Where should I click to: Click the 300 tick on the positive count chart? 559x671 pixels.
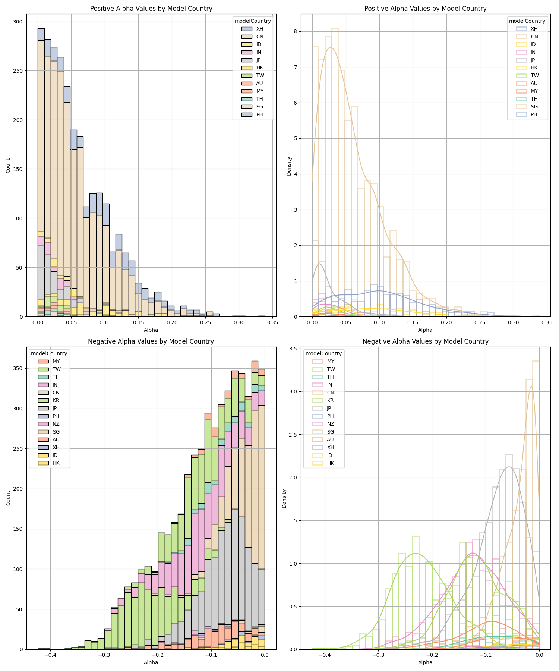click(x=18, y=22)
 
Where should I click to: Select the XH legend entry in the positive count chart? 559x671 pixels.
click(x=260, y=29)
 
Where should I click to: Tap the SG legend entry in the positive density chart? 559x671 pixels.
click(x=534, y=107)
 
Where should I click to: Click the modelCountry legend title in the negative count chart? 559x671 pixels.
click(x=49, y=353)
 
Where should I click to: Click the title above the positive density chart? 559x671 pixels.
click(x=425, y=9)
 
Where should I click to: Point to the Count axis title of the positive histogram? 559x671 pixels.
click(x=8, y=166)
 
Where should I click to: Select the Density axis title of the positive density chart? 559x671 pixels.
click(x=289, y=166)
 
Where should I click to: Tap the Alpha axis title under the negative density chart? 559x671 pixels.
click(x=425, y=662)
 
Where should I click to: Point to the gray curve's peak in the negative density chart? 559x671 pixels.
click(x=509, y=467)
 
